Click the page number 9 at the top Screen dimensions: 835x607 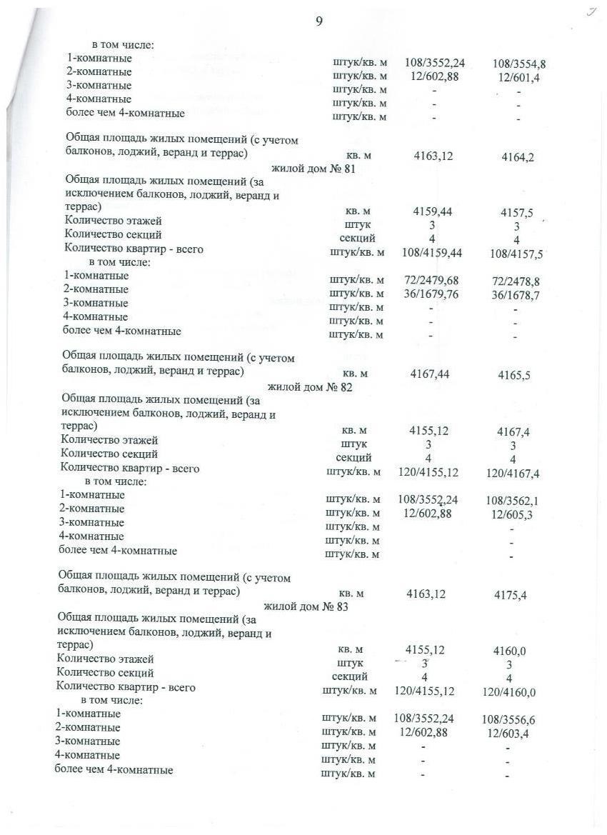pos(318,21)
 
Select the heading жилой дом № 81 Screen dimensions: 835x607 pos(313,169)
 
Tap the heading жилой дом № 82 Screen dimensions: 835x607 pos(310,388)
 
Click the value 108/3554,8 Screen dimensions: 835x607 pos(519,64)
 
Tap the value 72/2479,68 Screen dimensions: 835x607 pos(431,279)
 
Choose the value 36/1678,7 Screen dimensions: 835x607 pos(516,294)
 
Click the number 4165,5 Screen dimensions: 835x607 pos(515,376)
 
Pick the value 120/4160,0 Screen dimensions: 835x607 pos(510,692)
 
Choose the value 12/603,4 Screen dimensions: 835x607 pos(507,733)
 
